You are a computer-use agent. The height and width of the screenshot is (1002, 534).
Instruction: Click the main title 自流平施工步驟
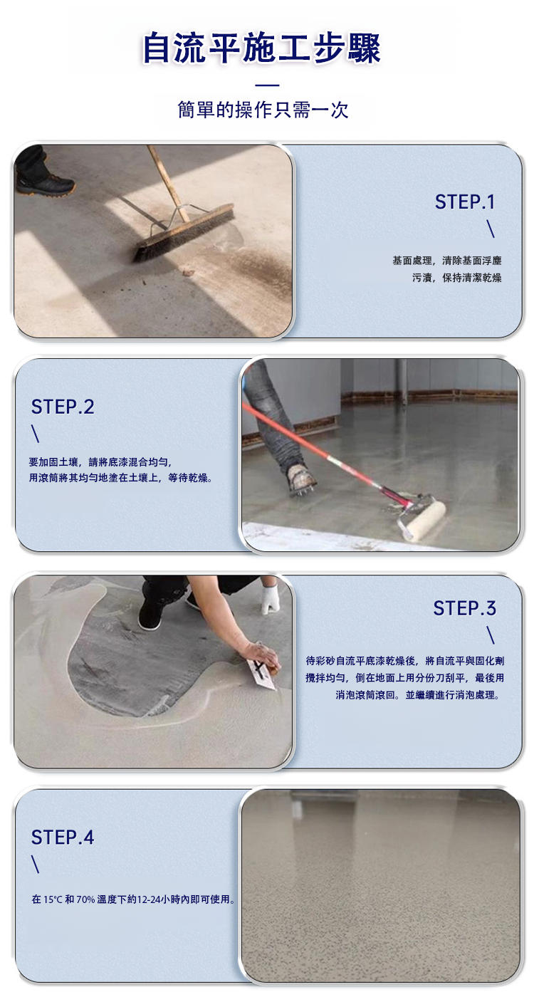[x=261, y=48]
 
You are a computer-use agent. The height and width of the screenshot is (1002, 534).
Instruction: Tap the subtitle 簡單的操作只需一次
[x=263, y=110]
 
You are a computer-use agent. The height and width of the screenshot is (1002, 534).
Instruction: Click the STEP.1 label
[x=465, y=202]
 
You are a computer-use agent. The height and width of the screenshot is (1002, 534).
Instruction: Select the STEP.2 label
[x=63, y=407]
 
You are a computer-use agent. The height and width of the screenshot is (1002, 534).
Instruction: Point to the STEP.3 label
[x=465, y=608]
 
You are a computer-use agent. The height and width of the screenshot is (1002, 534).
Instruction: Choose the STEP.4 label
[x=63, y=837]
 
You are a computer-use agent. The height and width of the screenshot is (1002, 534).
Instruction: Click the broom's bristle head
[x=184, y=233]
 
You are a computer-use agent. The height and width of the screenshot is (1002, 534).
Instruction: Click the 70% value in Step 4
[x=85, y=899]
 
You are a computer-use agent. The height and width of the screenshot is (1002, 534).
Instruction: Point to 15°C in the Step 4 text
[x=53, y=899]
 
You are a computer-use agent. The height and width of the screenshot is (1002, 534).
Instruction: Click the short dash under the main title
[x=268, y=85]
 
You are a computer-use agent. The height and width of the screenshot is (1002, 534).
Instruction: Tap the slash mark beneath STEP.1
[x=491, y=229]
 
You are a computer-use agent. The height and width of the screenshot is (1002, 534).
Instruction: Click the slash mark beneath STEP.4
[x=36, y=865]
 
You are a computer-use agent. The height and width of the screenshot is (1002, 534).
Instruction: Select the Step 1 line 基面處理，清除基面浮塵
[x=447, y=261]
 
